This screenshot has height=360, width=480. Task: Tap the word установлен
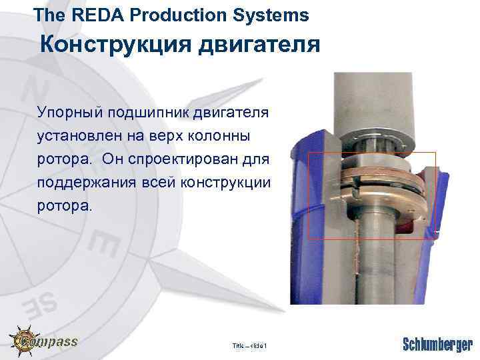click(x=83, y=135)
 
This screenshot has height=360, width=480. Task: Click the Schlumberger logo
click(x=437, y=345)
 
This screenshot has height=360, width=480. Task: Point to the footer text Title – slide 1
click(x=249, y=345)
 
